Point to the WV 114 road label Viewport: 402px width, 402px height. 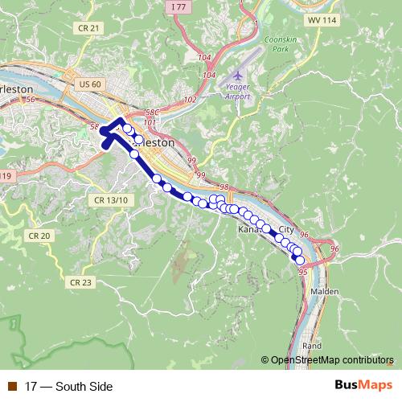tap(322, 21)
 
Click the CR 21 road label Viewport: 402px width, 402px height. tap(91, 28)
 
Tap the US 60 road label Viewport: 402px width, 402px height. tap(91, 84)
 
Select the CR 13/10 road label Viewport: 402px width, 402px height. tap(111, 199)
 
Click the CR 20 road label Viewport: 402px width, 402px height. tap(39, 236)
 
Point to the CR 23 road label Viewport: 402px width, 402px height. tap(80, 282)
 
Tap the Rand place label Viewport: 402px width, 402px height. tap(312, 345)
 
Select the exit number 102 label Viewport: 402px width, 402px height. tap(191, 100)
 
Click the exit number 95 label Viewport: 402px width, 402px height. tap(302, 273)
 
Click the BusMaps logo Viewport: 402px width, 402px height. tap(364, 386)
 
